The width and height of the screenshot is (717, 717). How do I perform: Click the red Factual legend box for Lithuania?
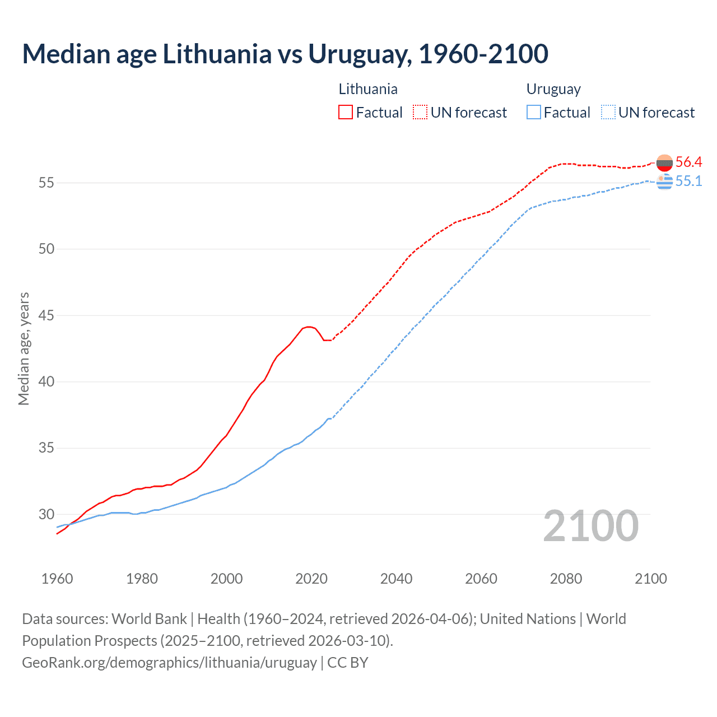point(346,112)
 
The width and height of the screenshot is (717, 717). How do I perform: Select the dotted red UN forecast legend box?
point(420,112)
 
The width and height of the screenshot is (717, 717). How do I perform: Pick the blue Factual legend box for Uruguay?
point(533,112)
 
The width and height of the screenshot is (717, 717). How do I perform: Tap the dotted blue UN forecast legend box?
point(608,112)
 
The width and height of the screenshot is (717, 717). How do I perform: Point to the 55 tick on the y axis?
point(46,183)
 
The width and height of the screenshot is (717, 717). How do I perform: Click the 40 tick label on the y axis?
point(46,381)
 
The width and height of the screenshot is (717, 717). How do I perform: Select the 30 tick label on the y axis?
point(46,514)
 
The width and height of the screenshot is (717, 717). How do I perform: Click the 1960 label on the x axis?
point(57,579)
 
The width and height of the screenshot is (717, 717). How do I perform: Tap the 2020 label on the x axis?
point(311,579)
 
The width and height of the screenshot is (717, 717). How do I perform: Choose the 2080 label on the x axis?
point(566,579)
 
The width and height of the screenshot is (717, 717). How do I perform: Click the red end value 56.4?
point(688,162)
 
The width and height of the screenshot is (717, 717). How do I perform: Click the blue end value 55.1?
point(688,181)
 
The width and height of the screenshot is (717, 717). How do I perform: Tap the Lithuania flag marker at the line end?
point(664,163)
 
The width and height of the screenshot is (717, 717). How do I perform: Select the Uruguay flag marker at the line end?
point(664,181)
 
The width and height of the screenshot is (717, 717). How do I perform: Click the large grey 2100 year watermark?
point(591,526)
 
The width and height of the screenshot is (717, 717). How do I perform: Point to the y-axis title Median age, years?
point(24,348)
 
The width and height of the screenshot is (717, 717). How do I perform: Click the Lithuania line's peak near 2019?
point(308,327)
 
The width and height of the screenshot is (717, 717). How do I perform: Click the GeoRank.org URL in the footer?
point(169,662)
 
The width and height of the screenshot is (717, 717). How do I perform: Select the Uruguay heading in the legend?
point(553,89)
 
